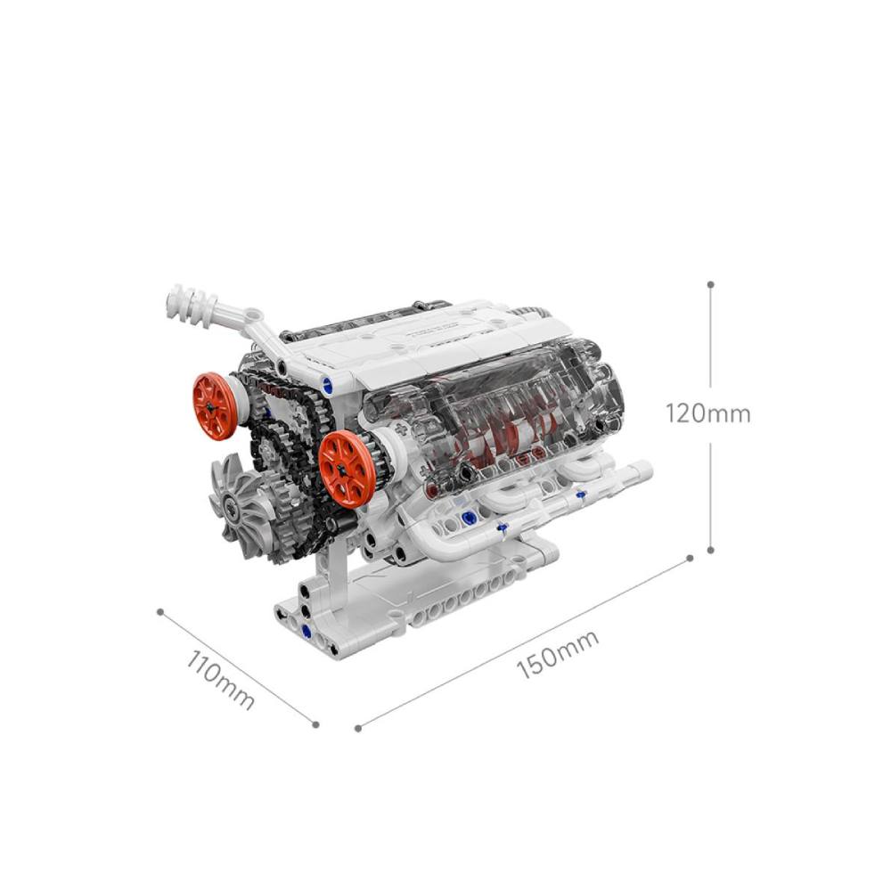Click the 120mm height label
(708, 413)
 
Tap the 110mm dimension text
(220, 679)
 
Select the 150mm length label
(558, 654)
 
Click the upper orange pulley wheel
(214, 406)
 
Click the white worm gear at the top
(193, 306)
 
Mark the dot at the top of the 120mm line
(710, 284)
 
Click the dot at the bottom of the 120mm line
(710, 550)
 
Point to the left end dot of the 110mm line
(160, 612)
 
